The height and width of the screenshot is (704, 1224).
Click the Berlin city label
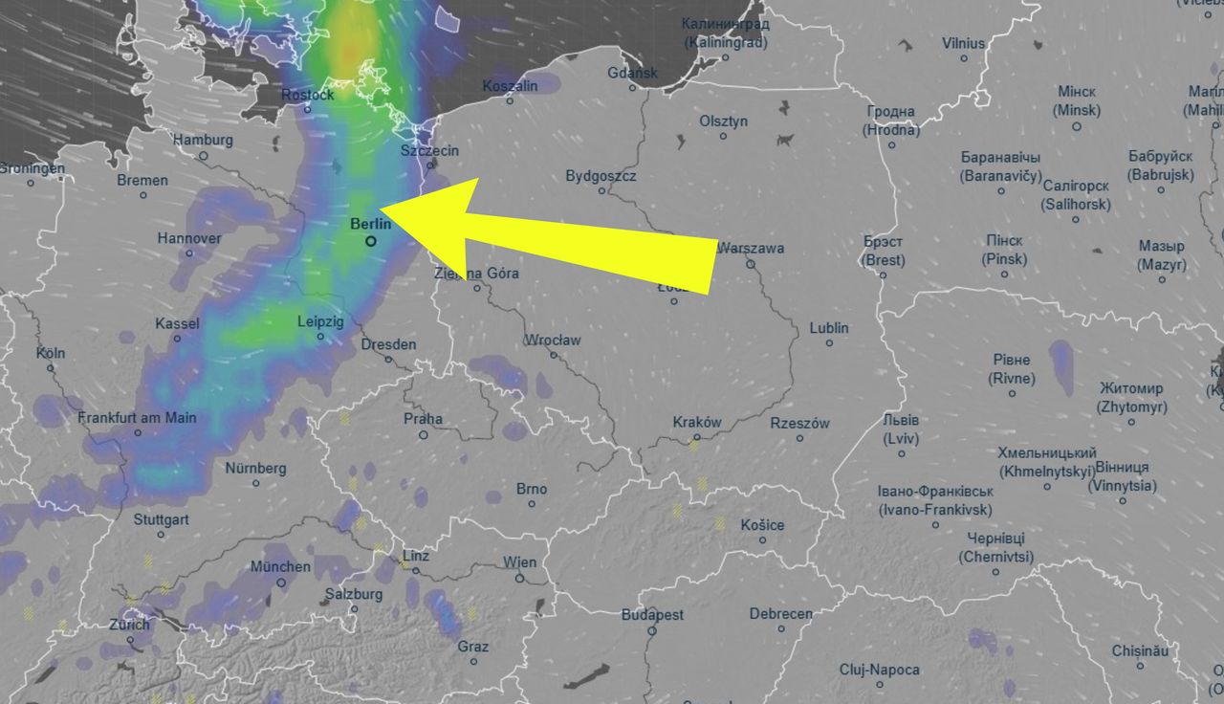click(x=371, y=224)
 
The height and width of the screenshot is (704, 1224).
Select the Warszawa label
click(x=751, y=249)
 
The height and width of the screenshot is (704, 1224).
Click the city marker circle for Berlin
click(x=371, y=242)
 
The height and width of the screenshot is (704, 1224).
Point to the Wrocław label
click(x=553, y=341)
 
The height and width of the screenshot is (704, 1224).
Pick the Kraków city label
click(x=697, y=423)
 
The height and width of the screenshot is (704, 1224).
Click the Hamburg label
click(x=203, y=140)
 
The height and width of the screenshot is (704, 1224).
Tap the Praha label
click(x=423, y=418)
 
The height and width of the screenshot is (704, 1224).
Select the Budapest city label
click(x=652, y=615)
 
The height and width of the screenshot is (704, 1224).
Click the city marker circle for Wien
click(x=519, y=578)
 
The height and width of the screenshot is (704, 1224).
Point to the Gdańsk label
click(x=632, y=73)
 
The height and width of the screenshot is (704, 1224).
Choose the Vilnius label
click(x=963, y=43)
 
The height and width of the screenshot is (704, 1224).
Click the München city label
click(x=280, y=566)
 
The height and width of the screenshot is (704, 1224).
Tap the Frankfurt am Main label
click(x=138, y=418)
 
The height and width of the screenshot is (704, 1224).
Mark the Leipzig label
click(x=320, y=322)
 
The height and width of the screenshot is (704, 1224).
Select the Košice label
click(x=762, y=524)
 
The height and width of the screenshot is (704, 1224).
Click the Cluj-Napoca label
click(x=879, y=670)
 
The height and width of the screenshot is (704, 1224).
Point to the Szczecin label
click(x=430, y=150)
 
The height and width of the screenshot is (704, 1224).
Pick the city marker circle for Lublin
click(x=828, y=344)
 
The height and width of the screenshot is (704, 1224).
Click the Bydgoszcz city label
click(x=601, y=176)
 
